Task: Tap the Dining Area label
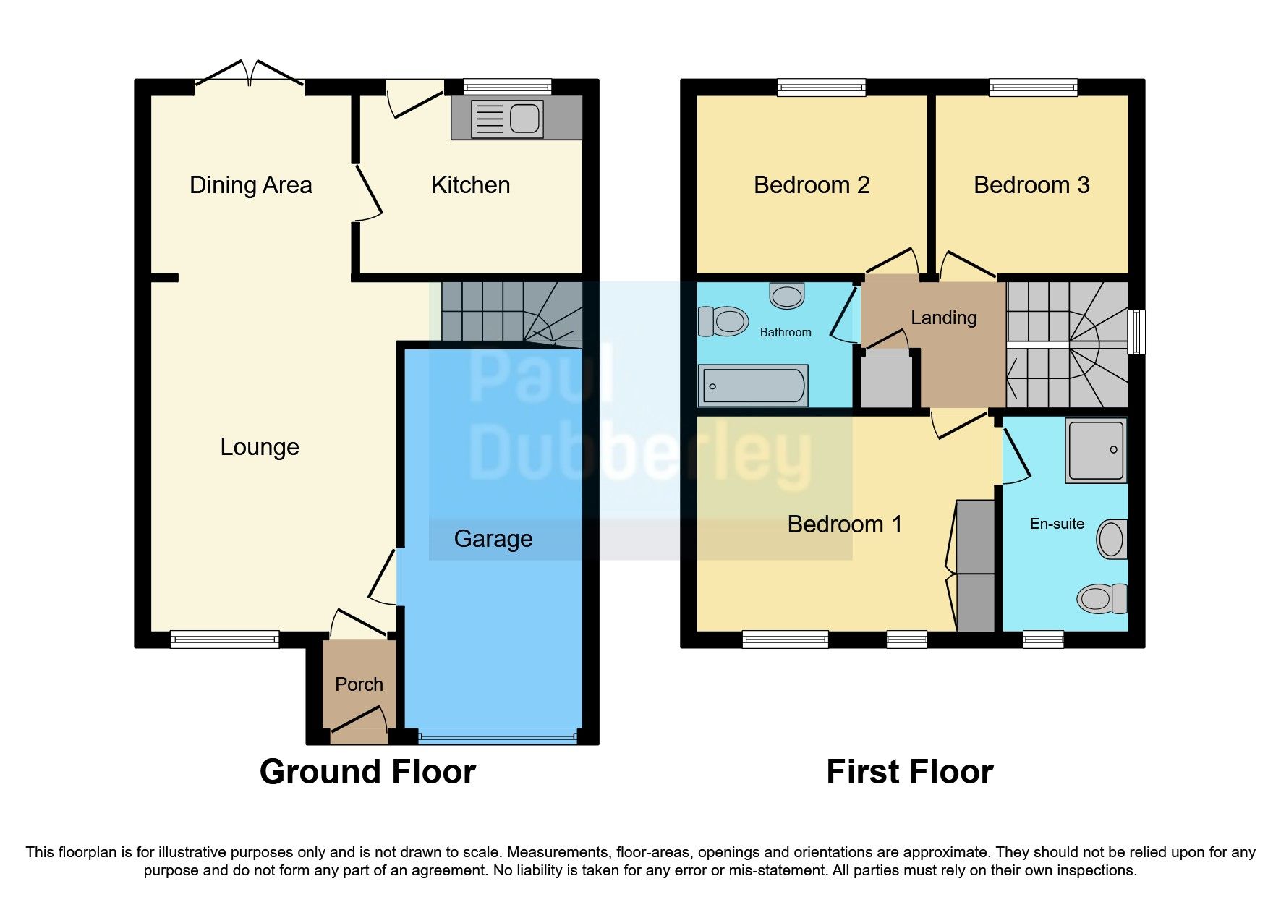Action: pos(250,185)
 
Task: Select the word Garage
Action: pos(493,539)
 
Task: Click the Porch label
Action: pos(359,684)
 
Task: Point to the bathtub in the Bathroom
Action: pos(752,386)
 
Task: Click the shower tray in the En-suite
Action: pos(1096,451)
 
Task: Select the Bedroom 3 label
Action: pos(1031,185)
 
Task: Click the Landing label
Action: pos(943,318)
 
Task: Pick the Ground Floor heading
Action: pos(367,772)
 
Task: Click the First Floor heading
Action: pos(909,772)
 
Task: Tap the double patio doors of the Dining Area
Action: pos(250,75)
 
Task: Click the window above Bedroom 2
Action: pos(821,88)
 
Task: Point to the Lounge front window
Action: pos(224,639)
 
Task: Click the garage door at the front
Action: pos(498,739)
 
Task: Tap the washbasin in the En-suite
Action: pos(1112,539)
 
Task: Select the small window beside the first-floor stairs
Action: pos(1136,332)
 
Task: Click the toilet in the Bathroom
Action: pos(723,321)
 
